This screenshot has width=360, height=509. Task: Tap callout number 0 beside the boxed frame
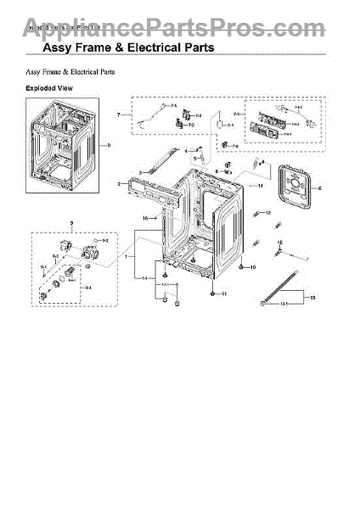(109, 145)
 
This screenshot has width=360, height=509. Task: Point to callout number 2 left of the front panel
(119, 183)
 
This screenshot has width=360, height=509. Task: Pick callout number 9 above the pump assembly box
(71, 224)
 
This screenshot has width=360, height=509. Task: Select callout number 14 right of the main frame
(261, 184)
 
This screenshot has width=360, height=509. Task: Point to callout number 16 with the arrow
(145, 218)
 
